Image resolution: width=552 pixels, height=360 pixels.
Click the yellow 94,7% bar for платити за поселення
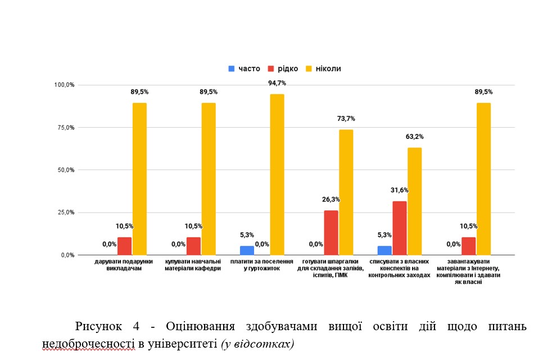277,174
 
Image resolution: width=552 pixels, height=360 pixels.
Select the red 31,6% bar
400,228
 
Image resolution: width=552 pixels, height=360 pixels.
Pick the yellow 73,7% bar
346,192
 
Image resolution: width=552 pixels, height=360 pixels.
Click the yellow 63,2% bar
415,201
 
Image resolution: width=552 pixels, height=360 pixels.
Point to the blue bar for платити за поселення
247,250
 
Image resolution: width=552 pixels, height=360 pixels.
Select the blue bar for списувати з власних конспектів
384,250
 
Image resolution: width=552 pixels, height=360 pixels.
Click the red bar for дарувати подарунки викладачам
124,246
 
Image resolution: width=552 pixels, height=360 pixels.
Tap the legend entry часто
244,69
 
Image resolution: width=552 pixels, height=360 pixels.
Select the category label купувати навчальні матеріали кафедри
193,265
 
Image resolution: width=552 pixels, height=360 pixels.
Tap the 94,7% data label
277,83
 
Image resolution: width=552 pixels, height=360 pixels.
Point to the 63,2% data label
415,137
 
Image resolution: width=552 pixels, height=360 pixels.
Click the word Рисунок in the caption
99,327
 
